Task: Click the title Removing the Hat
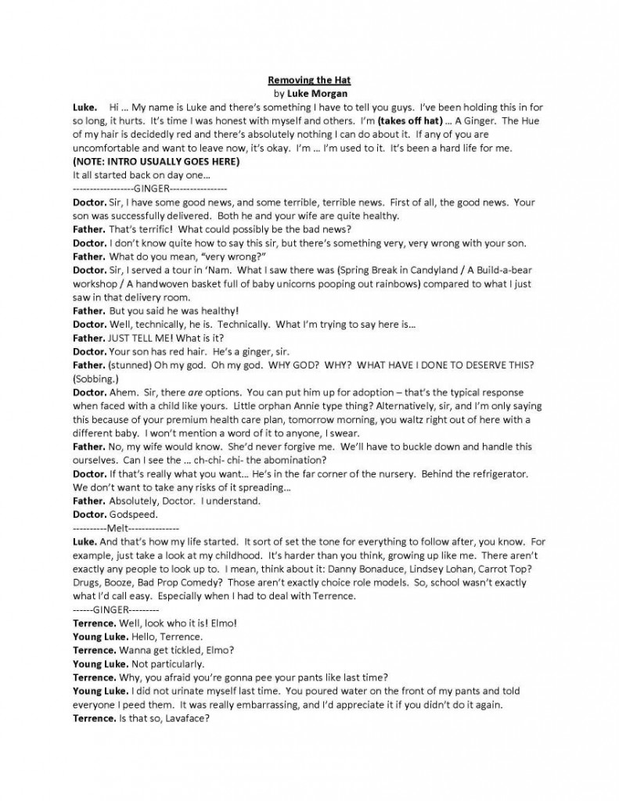tap(309, 80)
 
